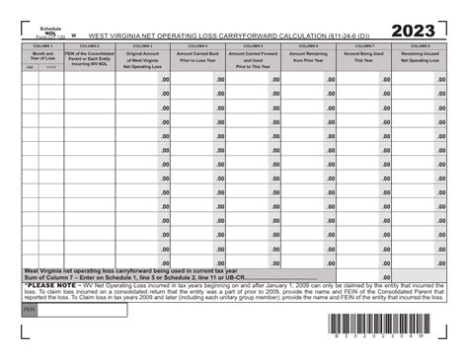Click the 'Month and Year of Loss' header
[x=42, y=55]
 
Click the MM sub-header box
[x=30, y=68]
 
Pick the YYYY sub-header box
[x=50, y=68]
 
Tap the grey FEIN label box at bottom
[x=30, y=310]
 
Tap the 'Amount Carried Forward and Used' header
[x=254, y=57]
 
